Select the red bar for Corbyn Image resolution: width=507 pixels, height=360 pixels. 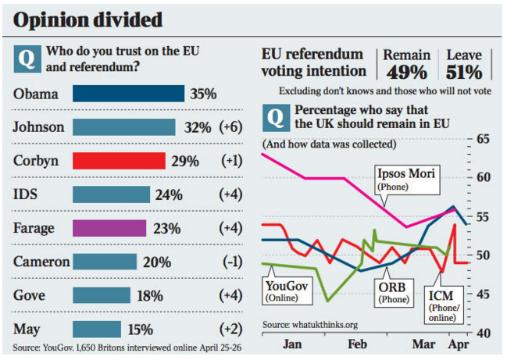(119, 161)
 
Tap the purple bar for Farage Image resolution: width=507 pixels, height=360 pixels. (109, 228)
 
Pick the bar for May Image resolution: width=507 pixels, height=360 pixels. (97, 329)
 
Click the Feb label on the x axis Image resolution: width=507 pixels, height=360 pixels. (357, 344)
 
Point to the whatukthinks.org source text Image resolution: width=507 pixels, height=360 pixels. (309, 324)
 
